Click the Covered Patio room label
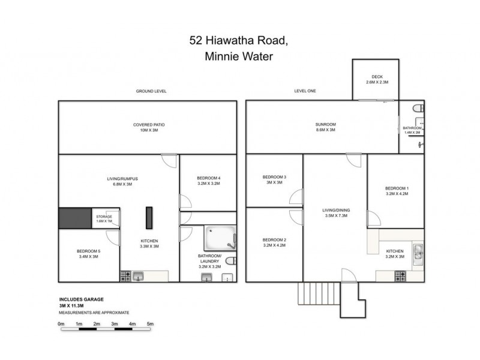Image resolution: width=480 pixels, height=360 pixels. (149, 125)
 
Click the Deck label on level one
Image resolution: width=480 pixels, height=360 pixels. (377, 77)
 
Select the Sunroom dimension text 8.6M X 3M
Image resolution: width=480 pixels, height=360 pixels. (325, 130)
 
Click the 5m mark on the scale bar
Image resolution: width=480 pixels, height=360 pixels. (151, 324)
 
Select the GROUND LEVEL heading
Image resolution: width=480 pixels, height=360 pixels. (151, 91)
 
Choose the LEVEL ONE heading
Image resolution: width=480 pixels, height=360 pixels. (305, 91)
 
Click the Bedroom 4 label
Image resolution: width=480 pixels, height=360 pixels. (208, 178)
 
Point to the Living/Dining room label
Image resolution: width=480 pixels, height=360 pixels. (335, 209)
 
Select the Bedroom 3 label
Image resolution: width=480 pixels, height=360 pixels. (274, 177)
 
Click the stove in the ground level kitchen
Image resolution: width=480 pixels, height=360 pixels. (126, 276)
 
